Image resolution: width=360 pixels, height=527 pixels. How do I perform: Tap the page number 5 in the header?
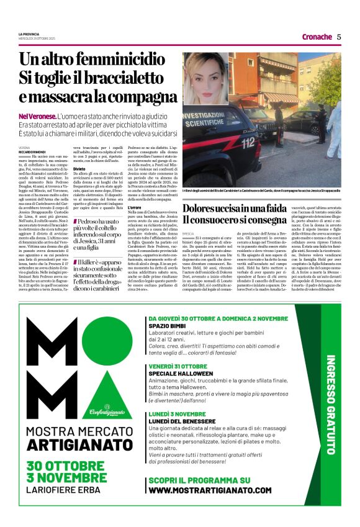[x=339, y=37]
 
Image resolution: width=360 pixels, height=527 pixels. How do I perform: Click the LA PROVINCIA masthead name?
[x=29, y=34]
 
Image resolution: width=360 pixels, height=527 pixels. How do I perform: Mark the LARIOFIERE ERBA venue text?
[x=68, y=489]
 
